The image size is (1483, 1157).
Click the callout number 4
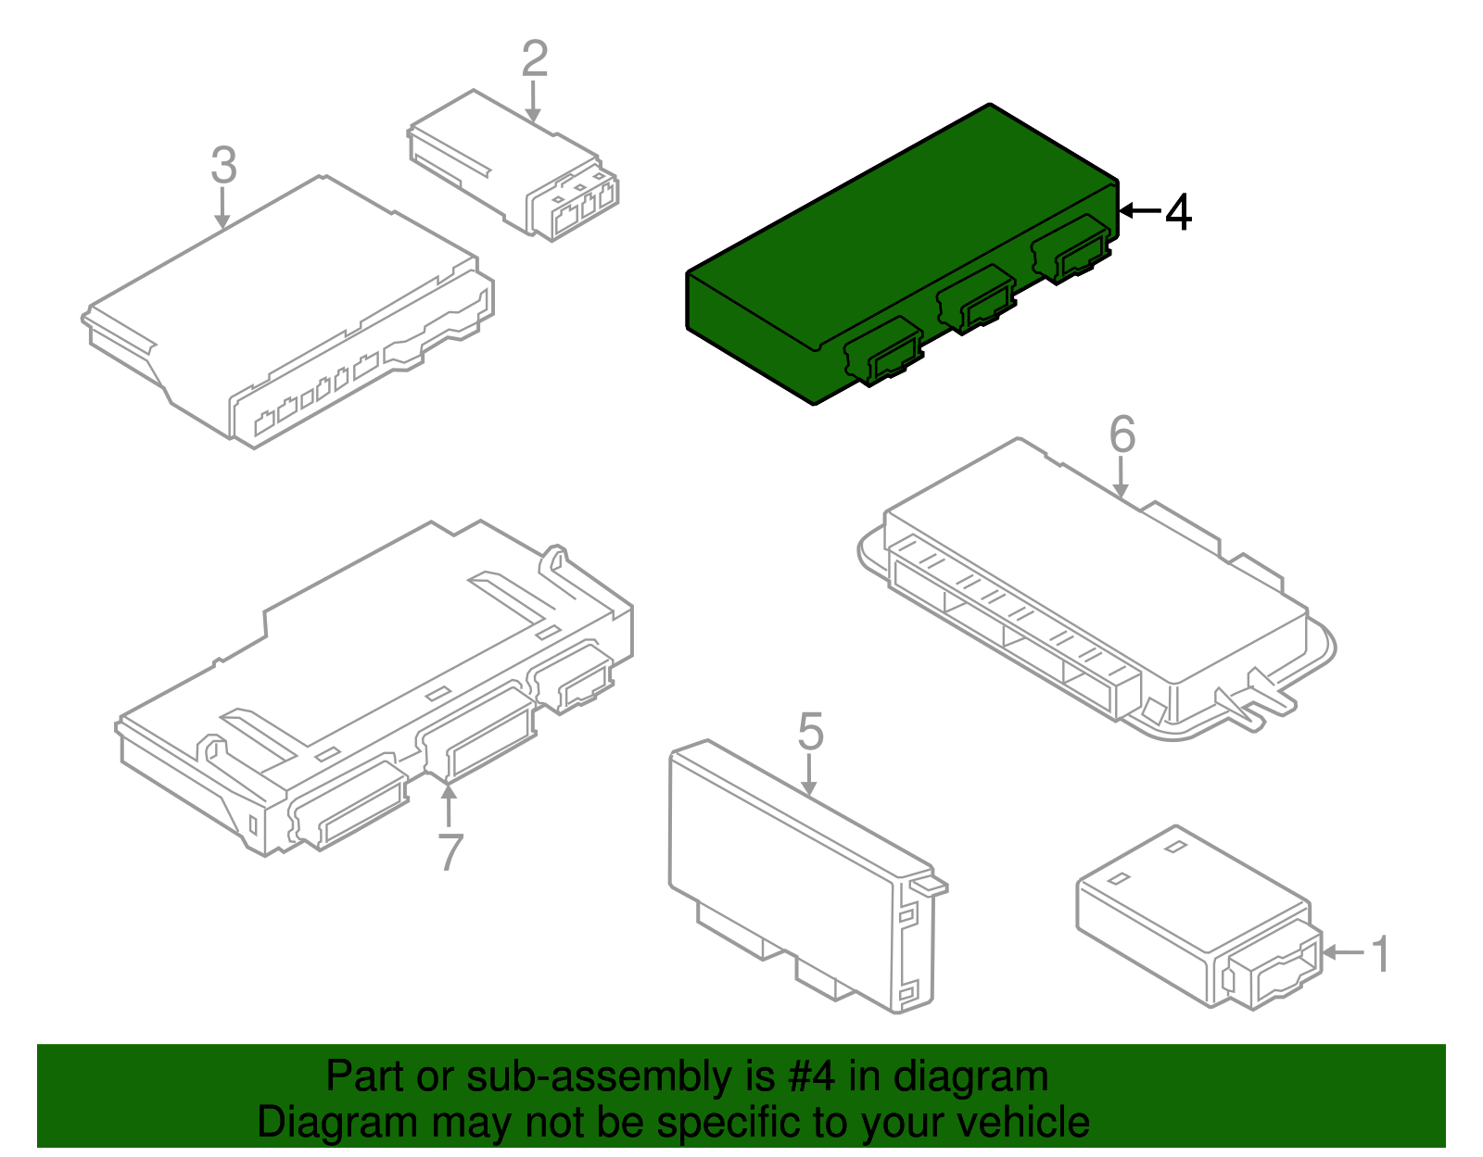click(x=1178, y=213)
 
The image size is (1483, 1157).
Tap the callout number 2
click(x=535, y=58)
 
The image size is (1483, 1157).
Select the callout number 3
click(x=223, y=165)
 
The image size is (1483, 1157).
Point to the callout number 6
click(x=1122, y=434)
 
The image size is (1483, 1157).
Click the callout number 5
click(x=810, y=733)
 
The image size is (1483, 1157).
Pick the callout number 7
click(x=450, y=852)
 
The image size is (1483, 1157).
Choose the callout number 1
click(x=1380, y=954)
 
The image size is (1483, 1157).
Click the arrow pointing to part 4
click(x=1139, y=211)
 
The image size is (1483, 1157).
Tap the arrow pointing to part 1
click(x=1343, y=952)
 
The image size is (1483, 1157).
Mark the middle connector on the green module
click(x=977, y=299)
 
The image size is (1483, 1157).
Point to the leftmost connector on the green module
click(x=883, y=351)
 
